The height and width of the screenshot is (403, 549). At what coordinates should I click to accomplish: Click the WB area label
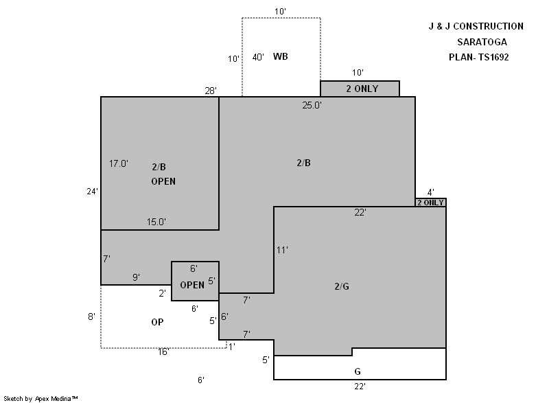pos(281,56)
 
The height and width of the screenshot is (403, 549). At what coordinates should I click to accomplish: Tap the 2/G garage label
pos(342,286)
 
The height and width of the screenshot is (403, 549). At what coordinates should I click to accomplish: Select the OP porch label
pos(157,322)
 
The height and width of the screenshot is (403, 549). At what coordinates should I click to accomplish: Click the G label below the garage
pos(358,371)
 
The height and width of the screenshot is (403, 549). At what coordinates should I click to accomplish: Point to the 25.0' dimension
pos(312,105)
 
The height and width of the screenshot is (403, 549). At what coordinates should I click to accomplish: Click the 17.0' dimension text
pos(118,163)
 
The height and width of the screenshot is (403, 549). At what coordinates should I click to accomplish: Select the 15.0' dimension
pos(156,222)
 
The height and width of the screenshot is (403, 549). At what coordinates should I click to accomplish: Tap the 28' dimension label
pos(211,91)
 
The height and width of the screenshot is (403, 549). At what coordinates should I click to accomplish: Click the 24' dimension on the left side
pos(93,191)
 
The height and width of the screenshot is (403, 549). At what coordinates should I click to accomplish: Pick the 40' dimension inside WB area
pos(258,57)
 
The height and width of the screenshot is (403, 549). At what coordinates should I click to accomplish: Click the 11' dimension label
pos(282,250)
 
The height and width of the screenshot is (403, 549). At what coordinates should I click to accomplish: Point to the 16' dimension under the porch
pos(163,352)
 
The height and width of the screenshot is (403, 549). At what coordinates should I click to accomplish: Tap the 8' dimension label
pos(91,316)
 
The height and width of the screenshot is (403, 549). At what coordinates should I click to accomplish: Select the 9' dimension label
pos(136,277)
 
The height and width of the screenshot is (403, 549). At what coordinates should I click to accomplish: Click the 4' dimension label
pos(431,192)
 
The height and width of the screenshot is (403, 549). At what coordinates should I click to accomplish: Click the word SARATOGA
pos(482,42)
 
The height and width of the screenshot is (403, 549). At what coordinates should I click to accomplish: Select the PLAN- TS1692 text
pos(478,57)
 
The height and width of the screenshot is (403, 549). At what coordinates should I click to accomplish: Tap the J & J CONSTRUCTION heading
pos(476,26)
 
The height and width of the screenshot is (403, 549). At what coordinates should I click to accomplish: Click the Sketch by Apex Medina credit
pos(40,398)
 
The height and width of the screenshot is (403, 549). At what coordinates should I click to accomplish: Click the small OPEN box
pos(195,281)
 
